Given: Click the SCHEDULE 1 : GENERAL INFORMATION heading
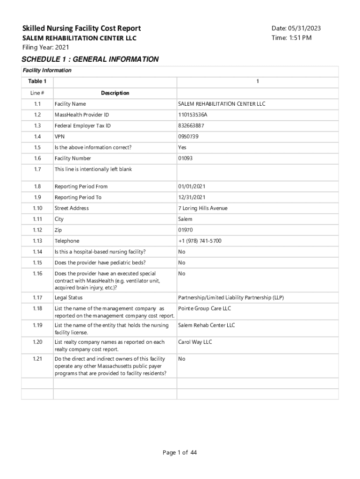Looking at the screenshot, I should pos(90,59).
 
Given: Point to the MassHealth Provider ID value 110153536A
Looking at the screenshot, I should pos(193,115).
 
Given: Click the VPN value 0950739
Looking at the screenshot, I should pos(188,137).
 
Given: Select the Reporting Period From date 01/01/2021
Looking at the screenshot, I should pos(192,186).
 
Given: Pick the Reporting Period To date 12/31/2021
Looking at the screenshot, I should pos(192,197).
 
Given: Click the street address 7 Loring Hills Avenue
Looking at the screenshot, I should pos(202,208).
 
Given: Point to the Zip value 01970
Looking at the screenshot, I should pos(185,230).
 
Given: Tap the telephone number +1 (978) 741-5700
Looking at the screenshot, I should pos(200,241).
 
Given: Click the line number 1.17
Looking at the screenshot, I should pos(37,298).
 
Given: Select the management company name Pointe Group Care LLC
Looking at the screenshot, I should pos(204,308).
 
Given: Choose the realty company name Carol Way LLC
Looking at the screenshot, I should pos(195,342).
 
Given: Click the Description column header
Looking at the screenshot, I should pos(115,93).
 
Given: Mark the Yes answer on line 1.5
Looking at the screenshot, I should pos(182,147).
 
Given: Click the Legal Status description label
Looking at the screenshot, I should pos(69,298).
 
